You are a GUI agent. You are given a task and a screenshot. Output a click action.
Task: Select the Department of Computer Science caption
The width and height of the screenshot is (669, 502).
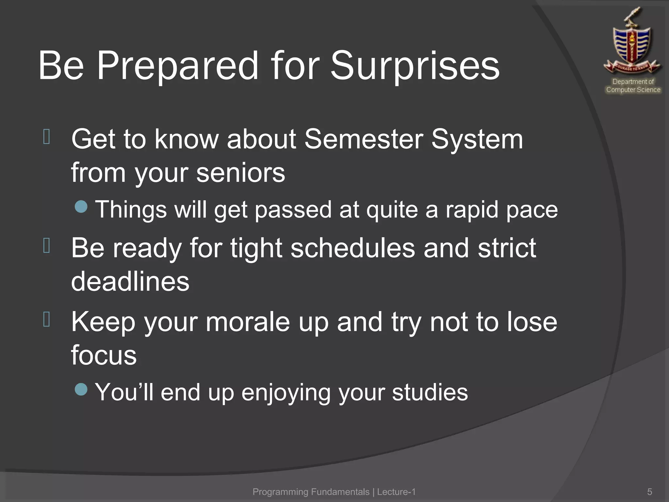(633, 86)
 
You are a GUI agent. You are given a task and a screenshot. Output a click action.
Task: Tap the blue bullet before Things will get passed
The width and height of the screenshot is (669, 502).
(81, 207)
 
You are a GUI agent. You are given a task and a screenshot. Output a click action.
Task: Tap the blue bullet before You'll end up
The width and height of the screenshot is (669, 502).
(81, 389)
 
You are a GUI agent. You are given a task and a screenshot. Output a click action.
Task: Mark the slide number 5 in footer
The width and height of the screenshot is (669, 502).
(649, 492)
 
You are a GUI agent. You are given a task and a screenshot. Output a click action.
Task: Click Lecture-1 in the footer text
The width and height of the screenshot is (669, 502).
(396, 492)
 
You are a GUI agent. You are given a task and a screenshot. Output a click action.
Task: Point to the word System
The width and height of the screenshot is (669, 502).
(477, 139)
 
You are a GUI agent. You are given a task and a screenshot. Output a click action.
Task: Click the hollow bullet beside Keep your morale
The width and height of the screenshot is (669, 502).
(46, 319)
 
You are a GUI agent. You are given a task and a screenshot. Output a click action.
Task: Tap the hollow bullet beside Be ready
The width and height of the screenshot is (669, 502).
(46, 245)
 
